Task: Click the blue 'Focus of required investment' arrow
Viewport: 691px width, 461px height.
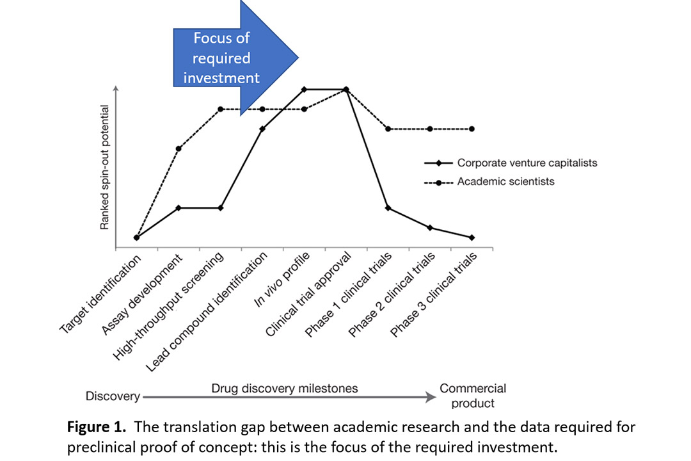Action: [235, 58]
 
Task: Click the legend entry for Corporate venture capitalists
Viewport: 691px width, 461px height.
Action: [511, 163]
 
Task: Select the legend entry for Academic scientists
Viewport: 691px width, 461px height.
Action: [489, 182]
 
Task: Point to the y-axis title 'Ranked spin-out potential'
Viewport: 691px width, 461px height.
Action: [104, 167]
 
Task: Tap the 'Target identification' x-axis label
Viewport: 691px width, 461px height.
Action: [100, 294]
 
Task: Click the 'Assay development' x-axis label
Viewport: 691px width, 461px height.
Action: [142, 295]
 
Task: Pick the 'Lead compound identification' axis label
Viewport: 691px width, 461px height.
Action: [207, 311]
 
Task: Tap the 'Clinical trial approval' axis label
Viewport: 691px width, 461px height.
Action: [308, 295]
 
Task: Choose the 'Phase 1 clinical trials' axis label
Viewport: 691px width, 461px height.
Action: [348, 295]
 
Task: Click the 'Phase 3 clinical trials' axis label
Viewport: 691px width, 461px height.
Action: [434, 295]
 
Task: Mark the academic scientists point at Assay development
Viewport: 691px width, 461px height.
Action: [179, 149]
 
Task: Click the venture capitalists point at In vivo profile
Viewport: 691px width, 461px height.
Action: [304, 90]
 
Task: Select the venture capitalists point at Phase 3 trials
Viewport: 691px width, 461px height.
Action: [472, 238]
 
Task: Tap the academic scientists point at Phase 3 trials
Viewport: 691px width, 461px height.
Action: [472, 129]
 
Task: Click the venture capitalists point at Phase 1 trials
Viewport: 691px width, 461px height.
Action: [388, 208]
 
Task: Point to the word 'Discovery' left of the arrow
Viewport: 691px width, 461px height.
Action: [113, 396]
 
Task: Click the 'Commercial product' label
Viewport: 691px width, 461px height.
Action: [473, 396]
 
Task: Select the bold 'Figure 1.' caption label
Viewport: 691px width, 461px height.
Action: [97, 427]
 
